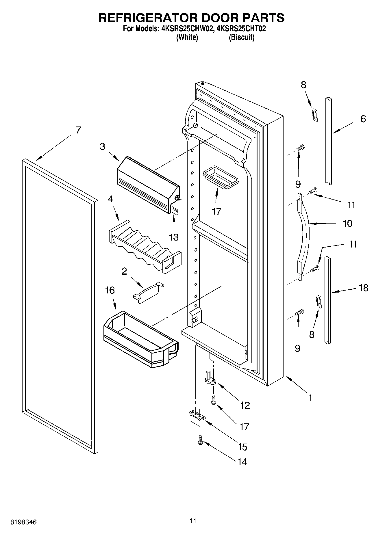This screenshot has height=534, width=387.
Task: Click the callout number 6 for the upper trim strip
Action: point(363,119)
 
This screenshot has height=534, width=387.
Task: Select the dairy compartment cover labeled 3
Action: point(147,183)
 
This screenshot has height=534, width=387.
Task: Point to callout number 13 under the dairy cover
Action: point(174,237)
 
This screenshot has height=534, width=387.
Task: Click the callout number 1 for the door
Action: point(310,398)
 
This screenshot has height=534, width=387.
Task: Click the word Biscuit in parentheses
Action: point(242,38)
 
